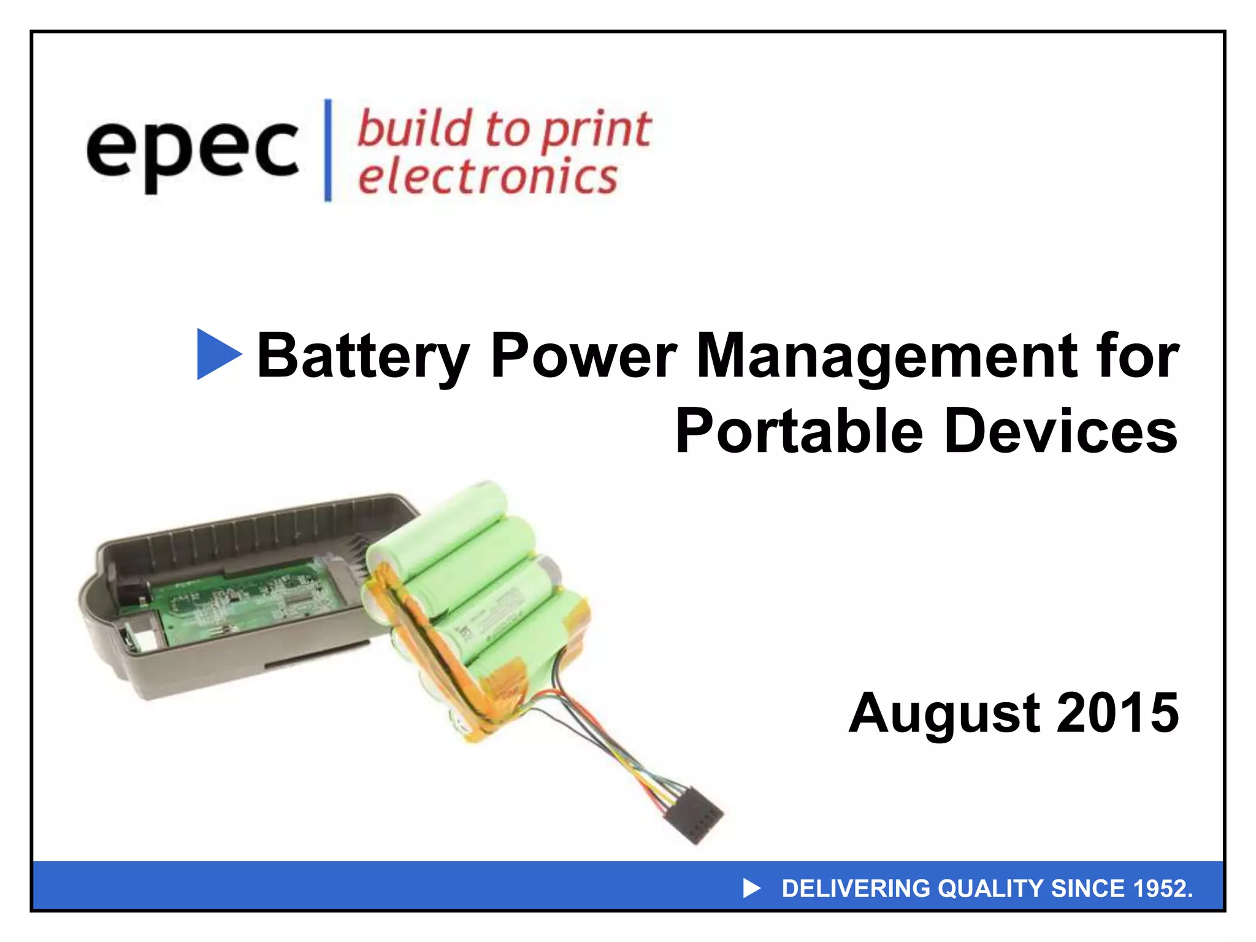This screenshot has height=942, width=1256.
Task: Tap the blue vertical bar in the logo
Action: tap(328, 150)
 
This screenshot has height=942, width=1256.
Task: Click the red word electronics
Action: tap(488, 177)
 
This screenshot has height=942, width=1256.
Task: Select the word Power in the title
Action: tap(584, 356)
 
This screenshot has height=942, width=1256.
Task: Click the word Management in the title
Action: tap(886, 356)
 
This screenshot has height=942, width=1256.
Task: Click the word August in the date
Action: tap(944, 713)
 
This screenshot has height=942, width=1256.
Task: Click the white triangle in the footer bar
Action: tap(751, 888)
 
